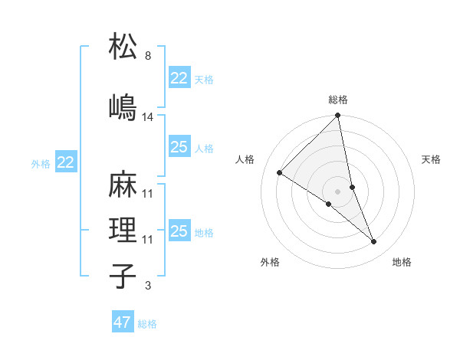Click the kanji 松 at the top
123,47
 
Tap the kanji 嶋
123,107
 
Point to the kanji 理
123,231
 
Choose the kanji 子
123,277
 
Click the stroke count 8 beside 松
147,56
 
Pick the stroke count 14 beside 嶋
149,117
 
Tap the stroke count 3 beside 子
147,286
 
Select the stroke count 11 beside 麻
148,193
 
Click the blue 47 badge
123,322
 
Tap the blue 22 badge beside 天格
179,79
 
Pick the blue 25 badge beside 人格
179,147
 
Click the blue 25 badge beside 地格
179,231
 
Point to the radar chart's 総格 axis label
338,100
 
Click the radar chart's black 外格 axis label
270,262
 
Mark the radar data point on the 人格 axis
279,173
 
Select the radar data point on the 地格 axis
374,242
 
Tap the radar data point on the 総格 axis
338,116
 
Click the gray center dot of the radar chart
338,191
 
